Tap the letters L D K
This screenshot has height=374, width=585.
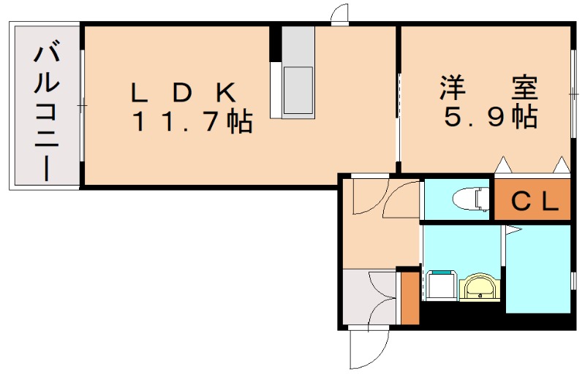(x=183, y=93)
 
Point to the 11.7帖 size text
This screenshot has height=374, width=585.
(x=192, y=121)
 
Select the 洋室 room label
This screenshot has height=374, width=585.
(x=488, y=88)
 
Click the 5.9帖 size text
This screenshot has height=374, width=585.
(x=488, y=117)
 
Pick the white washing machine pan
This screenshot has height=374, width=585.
(x=440, y=286)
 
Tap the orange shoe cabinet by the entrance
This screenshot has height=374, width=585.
(x=410, y=298)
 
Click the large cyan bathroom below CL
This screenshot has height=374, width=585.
(x=537, y=268)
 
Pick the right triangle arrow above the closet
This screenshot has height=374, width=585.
(x=561, y=165)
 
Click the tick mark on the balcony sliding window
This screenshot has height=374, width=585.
(x=82, y=106)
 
